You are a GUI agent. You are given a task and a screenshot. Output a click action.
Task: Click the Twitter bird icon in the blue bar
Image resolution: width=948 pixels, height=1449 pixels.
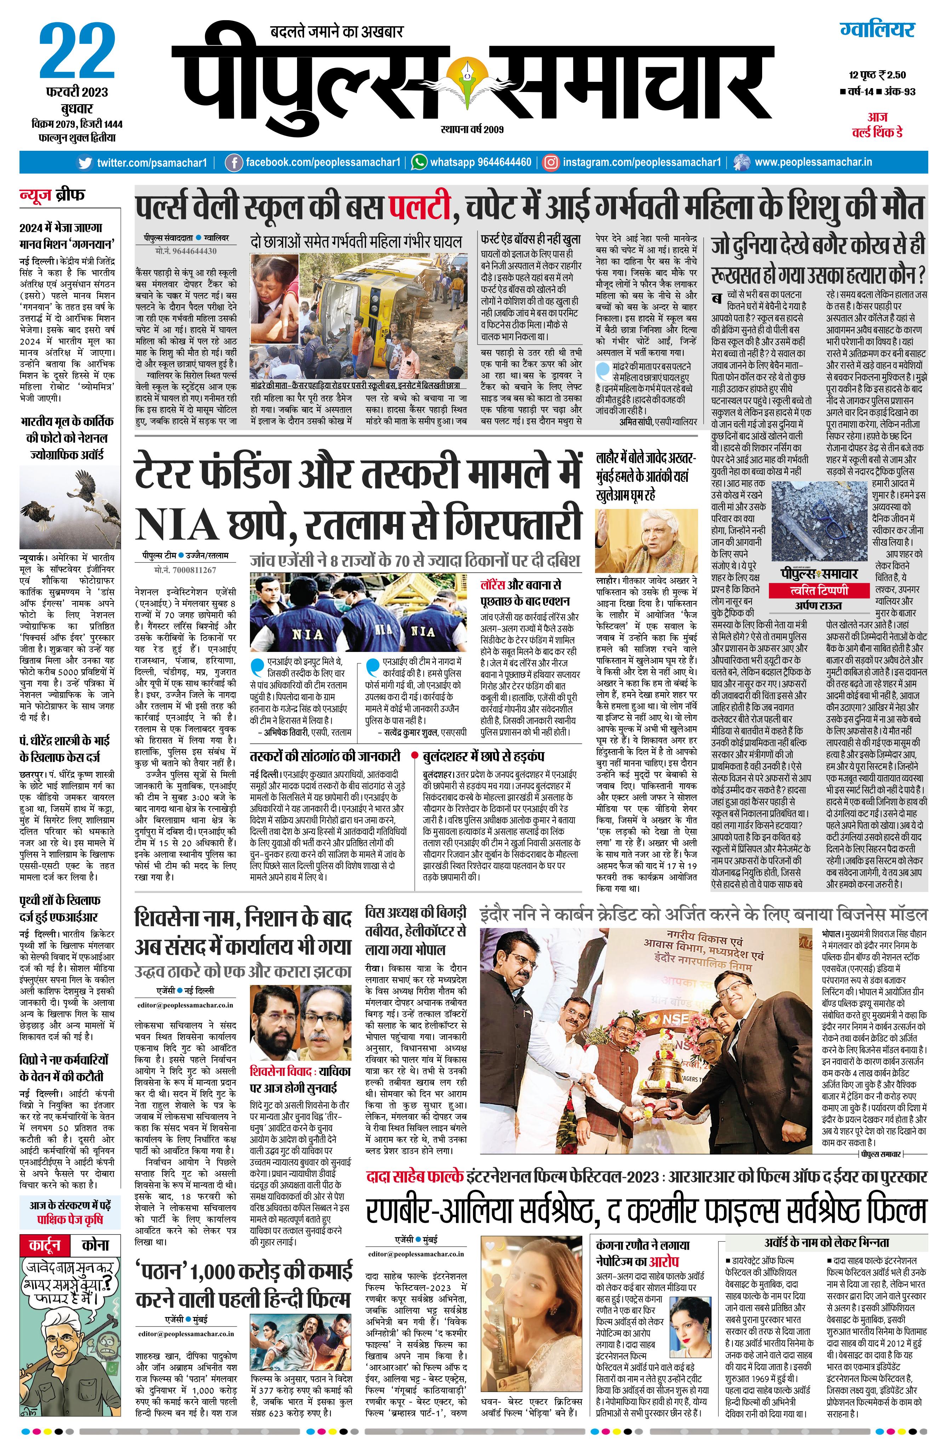coord(86,162)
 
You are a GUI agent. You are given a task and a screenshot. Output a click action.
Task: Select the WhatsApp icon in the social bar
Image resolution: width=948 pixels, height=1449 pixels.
coord(419,162)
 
